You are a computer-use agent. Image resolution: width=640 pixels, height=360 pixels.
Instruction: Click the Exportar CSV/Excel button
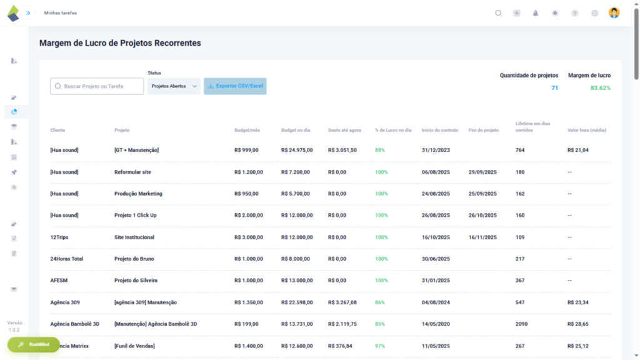[x=235, y=86]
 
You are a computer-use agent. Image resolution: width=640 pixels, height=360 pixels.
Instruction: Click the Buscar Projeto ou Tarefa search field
[x=97, y=86]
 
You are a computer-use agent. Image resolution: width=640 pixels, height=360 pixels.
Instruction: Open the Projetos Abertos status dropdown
[x=174, y=86]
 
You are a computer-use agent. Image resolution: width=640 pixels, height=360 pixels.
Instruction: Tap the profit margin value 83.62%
[x=600, y=88]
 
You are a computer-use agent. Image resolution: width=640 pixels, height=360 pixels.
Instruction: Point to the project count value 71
[x=554, y=88]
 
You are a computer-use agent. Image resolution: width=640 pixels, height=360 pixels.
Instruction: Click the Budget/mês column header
[x=247, y=130]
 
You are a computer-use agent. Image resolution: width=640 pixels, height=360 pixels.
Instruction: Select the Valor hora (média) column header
[x=586, y=130]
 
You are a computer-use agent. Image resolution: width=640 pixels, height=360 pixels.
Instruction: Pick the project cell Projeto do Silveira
[x=136, y=281]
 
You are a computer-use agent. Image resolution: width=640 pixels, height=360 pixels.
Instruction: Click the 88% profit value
[x=380, y=150]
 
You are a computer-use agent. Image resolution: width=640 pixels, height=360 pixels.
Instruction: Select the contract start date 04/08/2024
[x=436, y=302]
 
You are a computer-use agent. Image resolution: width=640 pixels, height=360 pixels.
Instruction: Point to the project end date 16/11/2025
[x=482, y=237]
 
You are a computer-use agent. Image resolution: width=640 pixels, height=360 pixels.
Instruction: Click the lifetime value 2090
[x=521, y=324]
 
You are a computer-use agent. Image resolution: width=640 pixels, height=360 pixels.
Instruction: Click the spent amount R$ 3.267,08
[x=342, y=302]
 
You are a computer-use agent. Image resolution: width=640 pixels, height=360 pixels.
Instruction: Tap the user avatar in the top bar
[x=614, y=13]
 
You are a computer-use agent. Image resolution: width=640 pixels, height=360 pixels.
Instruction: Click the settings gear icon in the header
[x=594, y=13]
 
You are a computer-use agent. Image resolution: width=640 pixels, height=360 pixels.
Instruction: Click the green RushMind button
[x=34, y=344]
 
